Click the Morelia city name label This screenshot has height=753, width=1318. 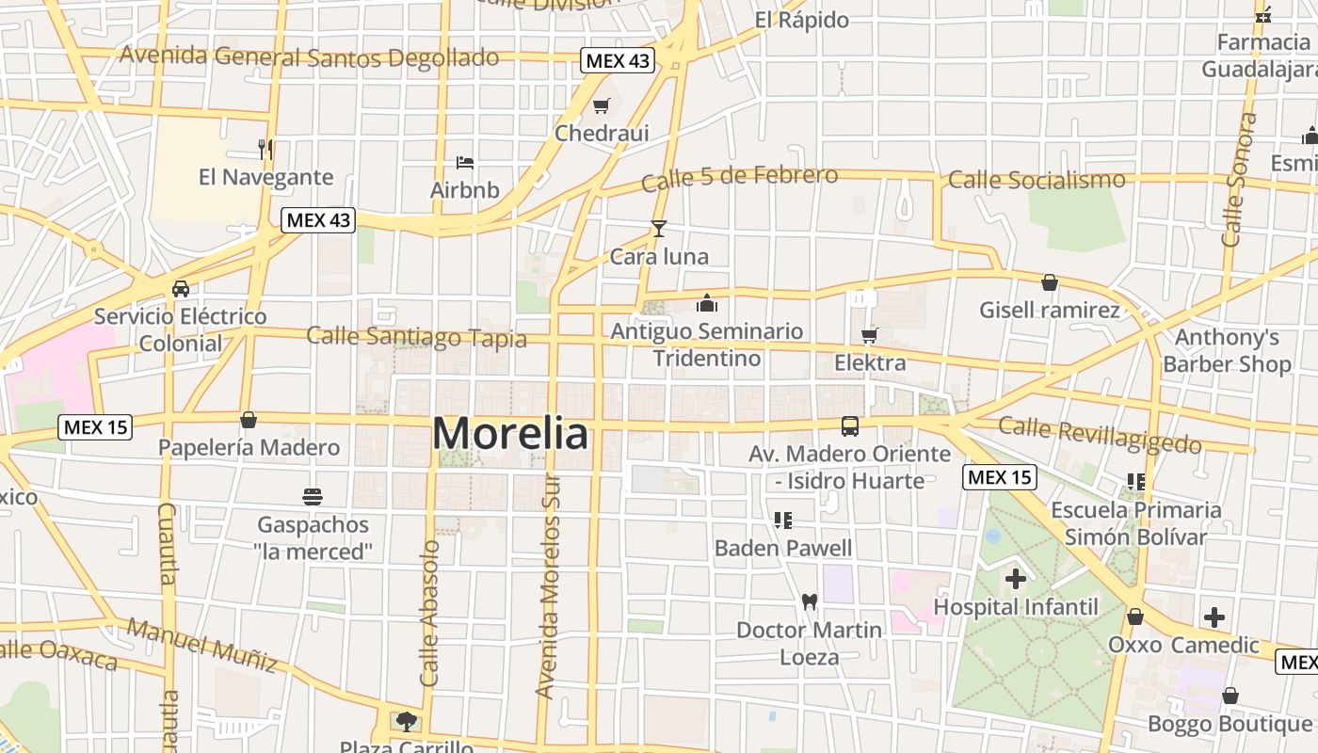click(511, 434)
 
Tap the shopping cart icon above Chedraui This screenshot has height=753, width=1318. click(601, 106)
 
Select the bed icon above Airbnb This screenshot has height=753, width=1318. click(464, 163)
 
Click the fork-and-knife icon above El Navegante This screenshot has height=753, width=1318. click(265, 149)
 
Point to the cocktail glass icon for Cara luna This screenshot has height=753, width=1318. click(659, 229)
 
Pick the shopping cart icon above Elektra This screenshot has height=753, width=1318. click(869, 335)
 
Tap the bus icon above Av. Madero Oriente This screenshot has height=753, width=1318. click(850, 426)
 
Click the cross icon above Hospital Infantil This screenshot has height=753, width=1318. click(1015, 578)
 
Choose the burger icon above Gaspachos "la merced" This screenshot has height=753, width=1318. click(313, 496)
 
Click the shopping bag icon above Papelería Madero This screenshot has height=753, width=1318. click(249, 420)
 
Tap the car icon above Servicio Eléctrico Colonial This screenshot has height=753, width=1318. click(180, 289)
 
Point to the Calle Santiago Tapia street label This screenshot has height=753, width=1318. click(416, 336)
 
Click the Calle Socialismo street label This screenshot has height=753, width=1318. click(1037, 179)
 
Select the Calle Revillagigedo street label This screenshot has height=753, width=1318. click(1100, 435)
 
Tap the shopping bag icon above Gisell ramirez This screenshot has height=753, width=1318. click(1050, 282)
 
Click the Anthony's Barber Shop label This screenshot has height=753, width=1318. click(1227, 350)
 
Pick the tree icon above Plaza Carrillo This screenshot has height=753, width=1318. click(406, 722)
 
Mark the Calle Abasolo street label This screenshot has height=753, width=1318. click(429, 613)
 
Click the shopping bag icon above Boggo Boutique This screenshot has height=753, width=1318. click(1230, 697)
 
